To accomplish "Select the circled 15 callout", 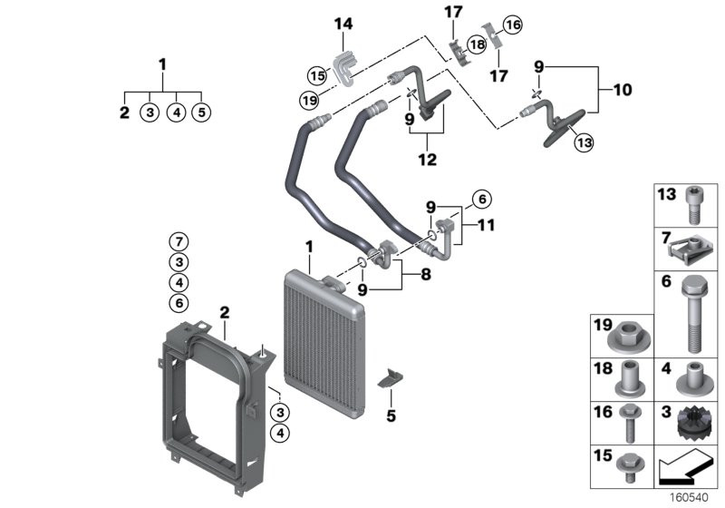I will (x=317, y=75).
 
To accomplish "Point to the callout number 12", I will (x=427, y=160).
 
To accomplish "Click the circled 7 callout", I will (x=179, y=241).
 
